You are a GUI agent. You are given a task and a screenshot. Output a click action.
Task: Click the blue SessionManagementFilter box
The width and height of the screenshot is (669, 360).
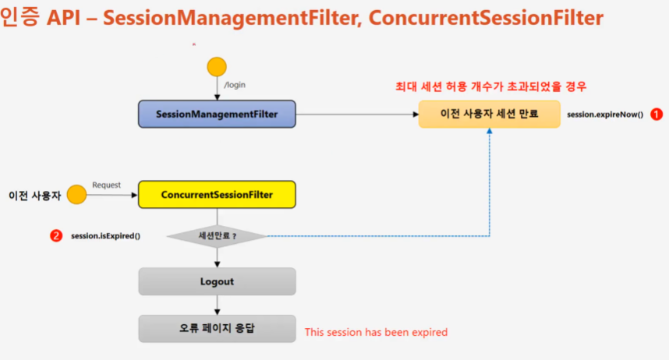(217, 114)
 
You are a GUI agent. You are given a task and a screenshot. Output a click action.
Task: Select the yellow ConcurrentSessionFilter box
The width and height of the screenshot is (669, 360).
(217, 195)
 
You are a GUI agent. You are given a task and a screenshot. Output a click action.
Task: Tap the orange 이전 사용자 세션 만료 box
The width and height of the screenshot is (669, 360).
(489, 114)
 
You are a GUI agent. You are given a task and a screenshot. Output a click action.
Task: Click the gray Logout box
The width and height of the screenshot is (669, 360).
(217, 281)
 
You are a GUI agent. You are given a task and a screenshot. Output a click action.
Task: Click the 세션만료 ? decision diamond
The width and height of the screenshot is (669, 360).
(217, 235)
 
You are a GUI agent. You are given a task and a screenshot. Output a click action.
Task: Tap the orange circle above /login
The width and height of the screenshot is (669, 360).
(216, 66)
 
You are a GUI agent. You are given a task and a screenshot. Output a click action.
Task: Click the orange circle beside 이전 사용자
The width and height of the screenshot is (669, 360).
(76, 195)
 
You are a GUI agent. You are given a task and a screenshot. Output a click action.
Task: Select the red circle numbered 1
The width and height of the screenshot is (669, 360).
(657, 114)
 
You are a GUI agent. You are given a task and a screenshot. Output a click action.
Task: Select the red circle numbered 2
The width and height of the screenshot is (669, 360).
(56, 235)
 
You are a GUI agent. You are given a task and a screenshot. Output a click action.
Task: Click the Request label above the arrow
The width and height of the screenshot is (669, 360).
(106, 185)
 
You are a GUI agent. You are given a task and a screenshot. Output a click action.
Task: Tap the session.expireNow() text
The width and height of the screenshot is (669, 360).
(605, 115)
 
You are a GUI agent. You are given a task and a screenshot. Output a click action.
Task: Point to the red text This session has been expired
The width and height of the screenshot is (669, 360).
(376, 332)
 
